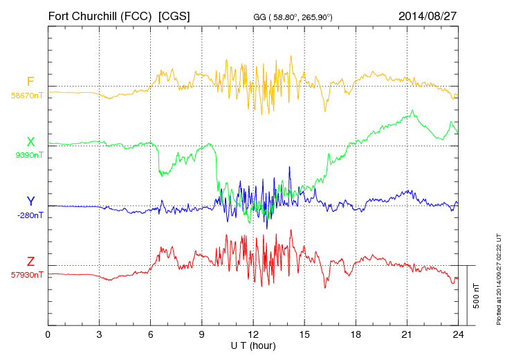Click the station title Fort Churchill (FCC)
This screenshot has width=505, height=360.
[x=100, y=16]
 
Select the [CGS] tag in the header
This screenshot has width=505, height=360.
[x=174, y=16]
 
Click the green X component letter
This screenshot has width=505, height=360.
[x=30, y=142]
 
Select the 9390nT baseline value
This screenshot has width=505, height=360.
[x=28, y=154]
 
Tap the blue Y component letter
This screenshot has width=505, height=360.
[x=30, y=201]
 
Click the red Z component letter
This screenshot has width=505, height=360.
[x=30, y=262]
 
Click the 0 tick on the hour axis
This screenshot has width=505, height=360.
[x=48, y=335]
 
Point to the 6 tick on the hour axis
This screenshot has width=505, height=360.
[x=151, y=335]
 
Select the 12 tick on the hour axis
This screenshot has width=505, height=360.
[x=253, y=335]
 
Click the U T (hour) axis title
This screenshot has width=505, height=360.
[x=253, y=345]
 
